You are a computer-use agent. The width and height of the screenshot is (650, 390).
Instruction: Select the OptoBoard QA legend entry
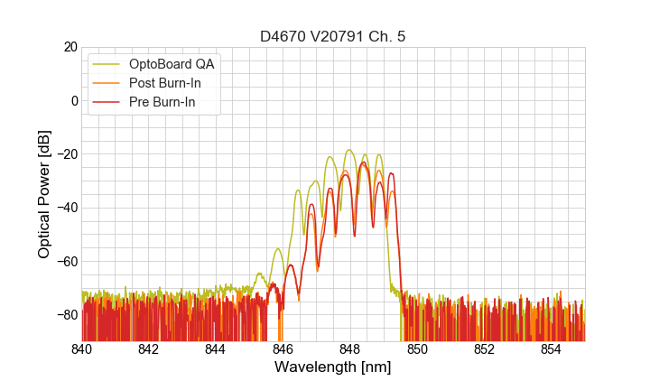pos(172,64)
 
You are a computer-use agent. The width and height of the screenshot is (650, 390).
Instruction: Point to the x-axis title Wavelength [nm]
pos(332,367)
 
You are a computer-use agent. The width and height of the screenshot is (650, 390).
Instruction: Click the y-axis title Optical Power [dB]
pos(44,194)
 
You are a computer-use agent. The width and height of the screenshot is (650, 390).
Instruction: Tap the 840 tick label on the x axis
pos(81,349)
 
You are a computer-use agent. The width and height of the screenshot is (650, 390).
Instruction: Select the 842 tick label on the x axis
pos(148,349)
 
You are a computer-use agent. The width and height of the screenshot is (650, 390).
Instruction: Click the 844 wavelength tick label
pos(215,349)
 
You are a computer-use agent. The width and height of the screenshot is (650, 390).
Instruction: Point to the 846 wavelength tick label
pos(283,349)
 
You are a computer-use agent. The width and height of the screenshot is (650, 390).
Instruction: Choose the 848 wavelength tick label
pos(349,349)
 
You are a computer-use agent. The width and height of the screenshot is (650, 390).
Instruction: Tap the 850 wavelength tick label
pos(417,349)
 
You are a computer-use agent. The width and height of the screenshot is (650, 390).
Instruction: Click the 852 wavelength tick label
pos(484,349)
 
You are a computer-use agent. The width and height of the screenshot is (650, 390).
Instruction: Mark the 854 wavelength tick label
pos(551,349)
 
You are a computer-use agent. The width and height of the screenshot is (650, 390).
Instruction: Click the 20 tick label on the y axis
pos(70,47)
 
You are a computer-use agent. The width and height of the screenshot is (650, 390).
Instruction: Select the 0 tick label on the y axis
pos(74,100)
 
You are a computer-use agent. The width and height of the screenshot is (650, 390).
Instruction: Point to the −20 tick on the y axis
pos(66,154)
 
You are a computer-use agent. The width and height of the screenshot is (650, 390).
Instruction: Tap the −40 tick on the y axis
pos(66,208)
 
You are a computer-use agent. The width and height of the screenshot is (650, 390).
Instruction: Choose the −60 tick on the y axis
pos(66,261)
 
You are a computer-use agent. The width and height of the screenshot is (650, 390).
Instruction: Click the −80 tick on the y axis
pos(66,314)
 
